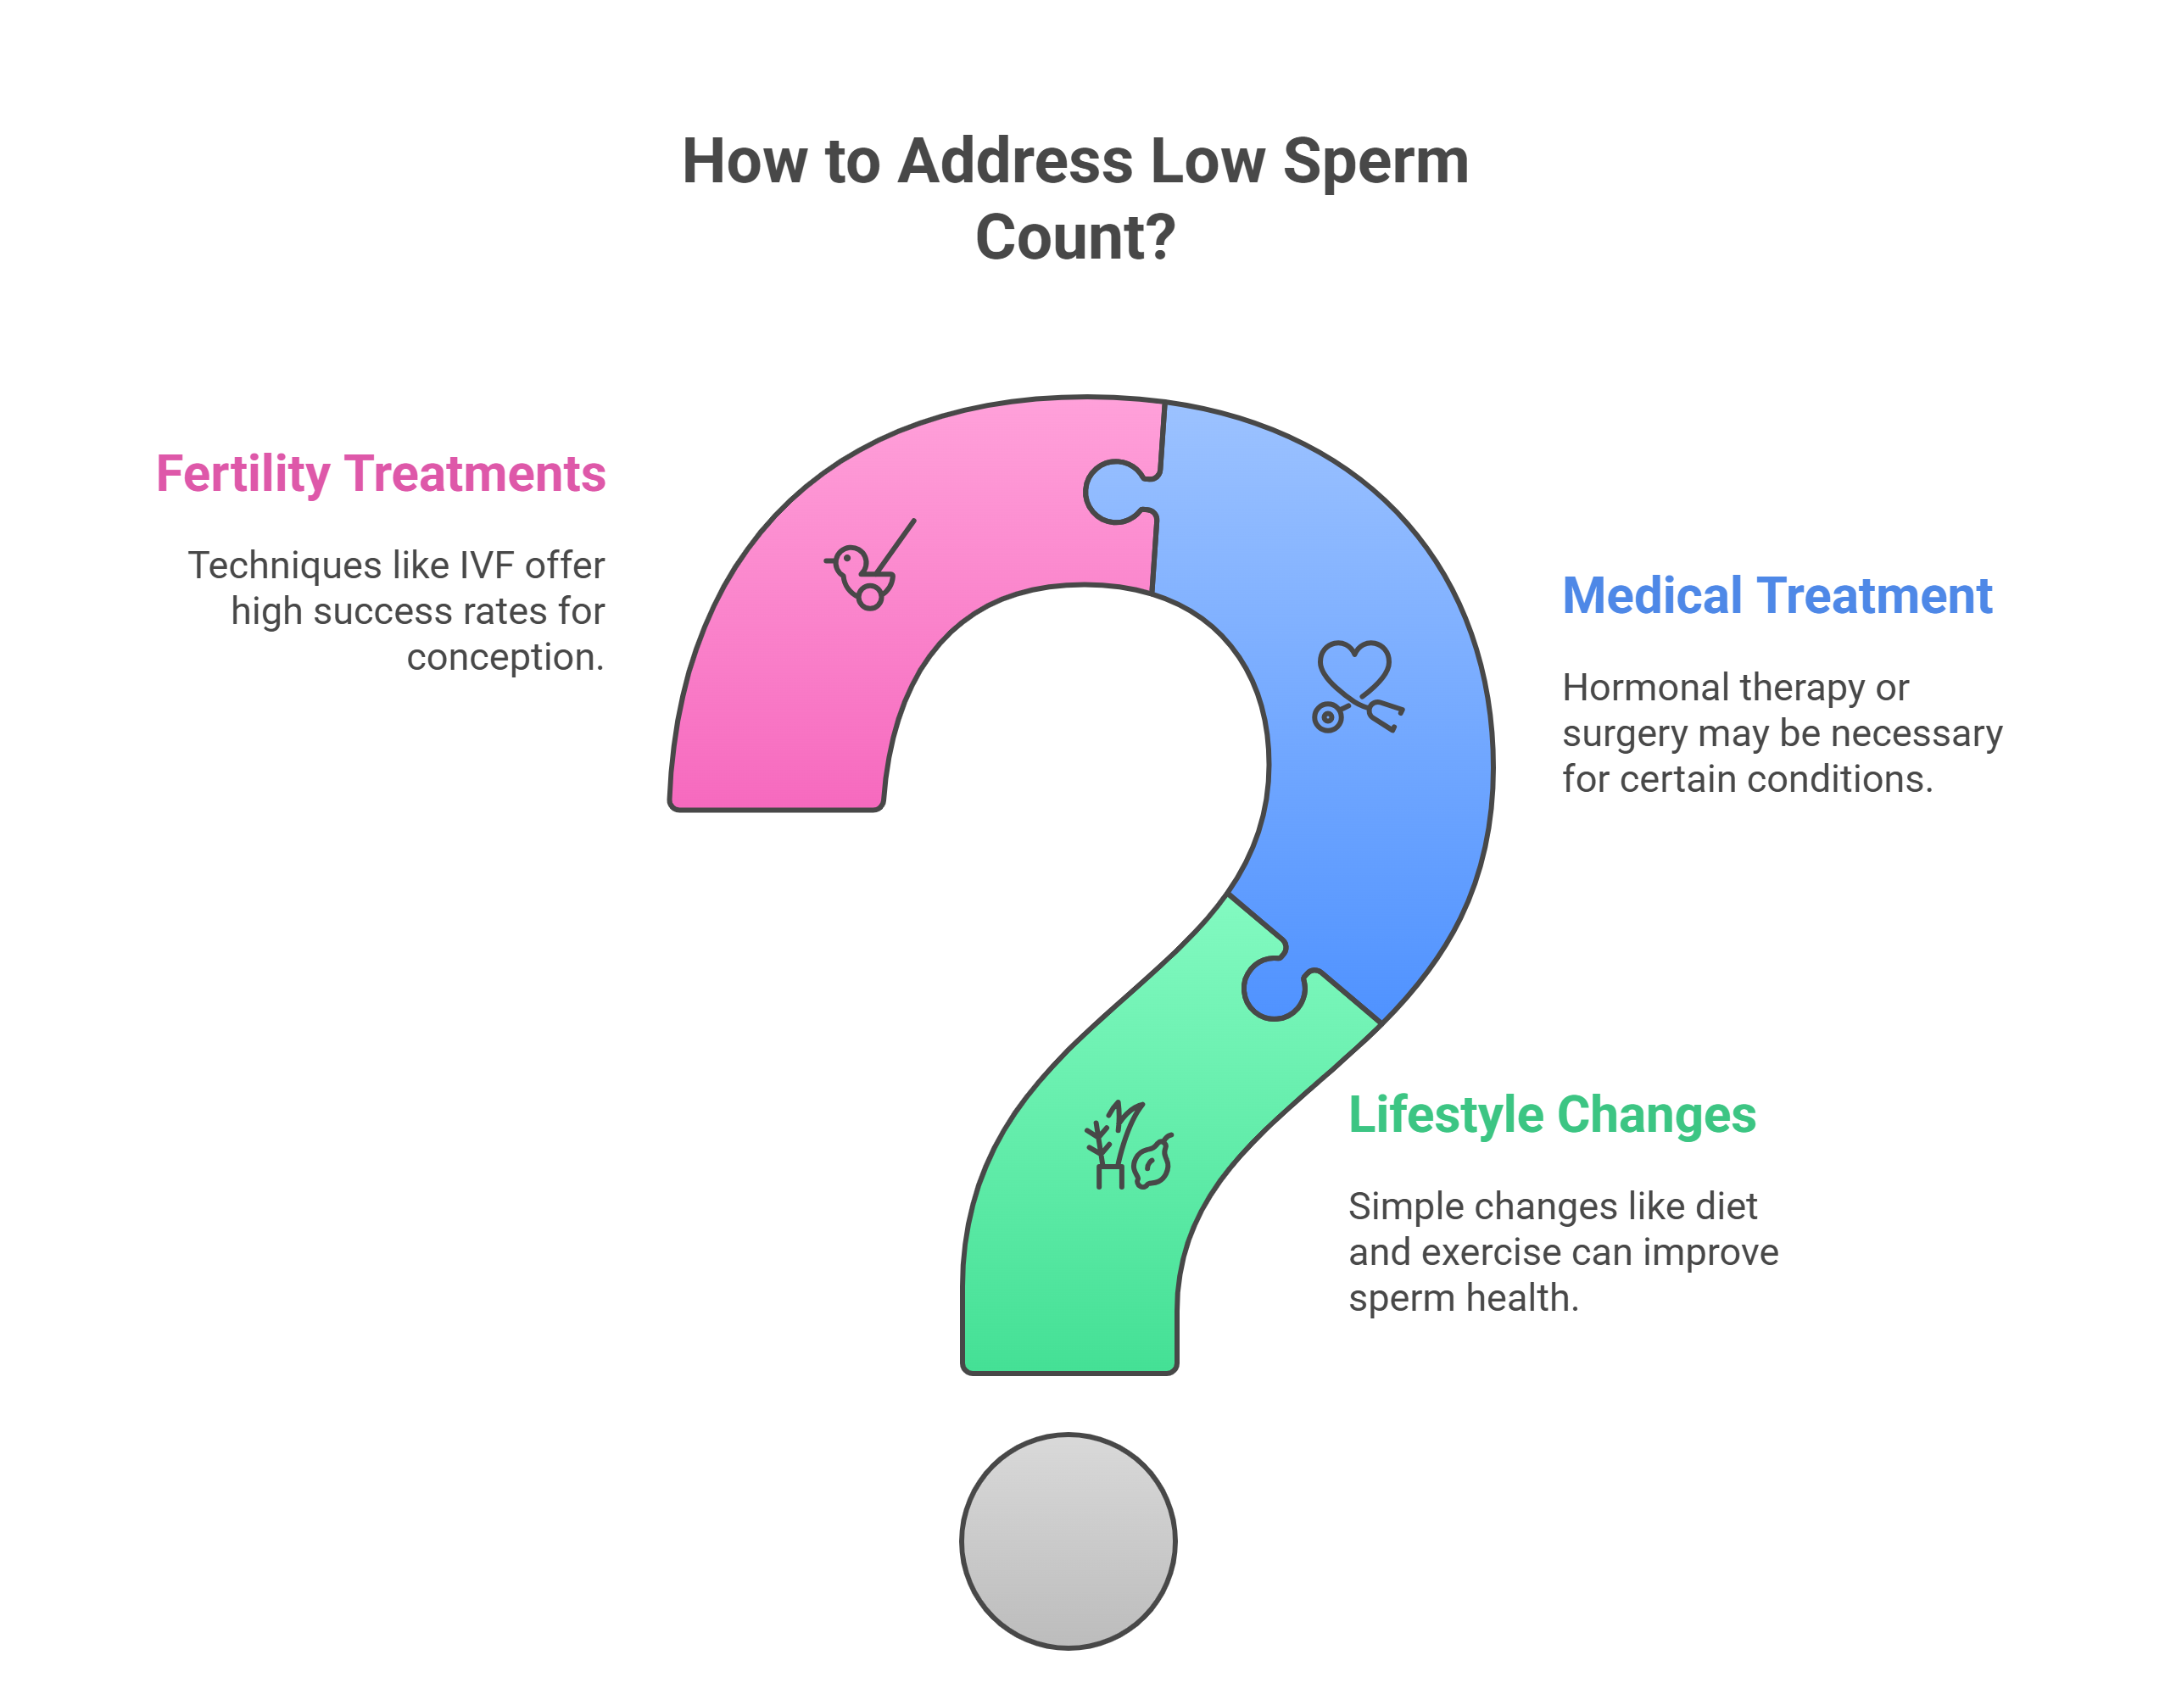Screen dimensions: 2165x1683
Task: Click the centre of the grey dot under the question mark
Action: coord(1069,1541)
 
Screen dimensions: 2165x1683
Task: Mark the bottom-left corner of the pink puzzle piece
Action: coord(672,809)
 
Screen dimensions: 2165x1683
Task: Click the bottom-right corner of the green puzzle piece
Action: coord(1175,1372)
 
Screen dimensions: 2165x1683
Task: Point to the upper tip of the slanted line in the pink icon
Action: coord(914,521)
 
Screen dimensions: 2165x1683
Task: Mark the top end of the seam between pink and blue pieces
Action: coord(1165,403)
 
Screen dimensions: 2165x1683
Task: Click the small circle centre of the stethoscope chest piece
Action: coord(1327,716)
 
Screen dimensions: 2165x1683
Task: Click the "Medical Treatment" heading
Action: coord(1777,596)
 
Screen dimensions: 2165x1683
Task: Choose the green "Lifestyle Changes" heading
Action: coord(1553,1115)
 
